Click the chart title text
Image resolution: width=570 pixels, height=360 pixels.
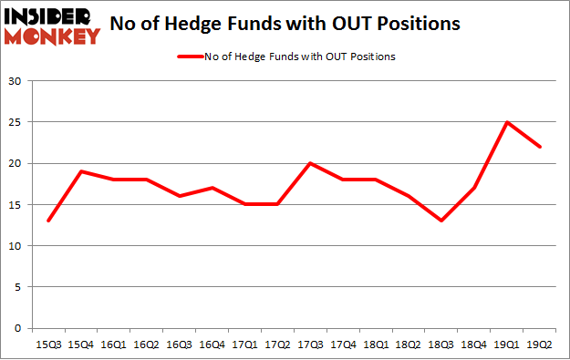285,25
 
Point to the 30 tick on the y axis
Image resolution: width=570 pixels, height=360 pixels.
16,81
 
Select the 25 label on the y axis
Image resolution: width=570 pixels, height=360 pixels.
16,122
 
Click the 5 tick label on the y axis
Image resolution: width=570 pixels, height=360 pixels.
18,287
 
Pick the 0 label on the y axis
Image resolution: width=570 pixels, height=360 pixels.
18,328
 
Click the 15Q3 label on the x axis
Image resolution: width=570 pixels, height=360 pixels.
48,344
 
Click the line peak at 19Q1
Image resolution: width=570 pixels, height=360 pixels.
507,122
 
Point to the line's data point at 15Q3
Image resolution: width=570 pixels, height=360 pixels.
48,221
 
